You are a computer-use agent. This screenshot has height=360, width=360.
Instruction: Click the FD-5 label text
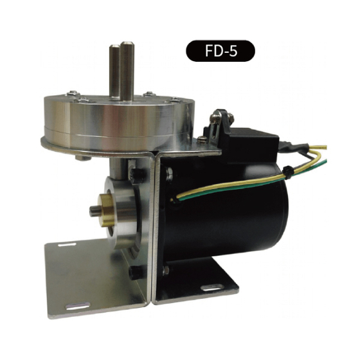(221, 51)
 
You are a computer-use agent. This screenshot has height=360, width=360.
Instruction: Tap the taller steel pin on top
(127, 71)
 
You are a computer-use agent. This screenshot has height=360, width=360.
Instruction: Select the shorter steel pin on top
(114, 71)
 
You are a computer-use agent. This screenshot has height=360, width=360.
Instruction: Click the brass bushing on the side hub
(106, 209)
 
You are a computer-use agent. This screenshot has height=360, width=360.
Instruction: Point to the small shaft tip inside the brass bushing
(94, 212)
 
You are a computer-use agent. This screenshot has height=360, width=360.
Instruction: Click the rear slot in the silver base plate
(67, 245)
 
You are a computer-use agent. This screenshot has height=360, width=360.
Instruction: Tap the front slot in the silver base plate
(78, 306)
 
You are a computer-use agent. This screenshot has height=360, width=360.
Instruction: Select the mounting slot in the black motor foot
(212, 288)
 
